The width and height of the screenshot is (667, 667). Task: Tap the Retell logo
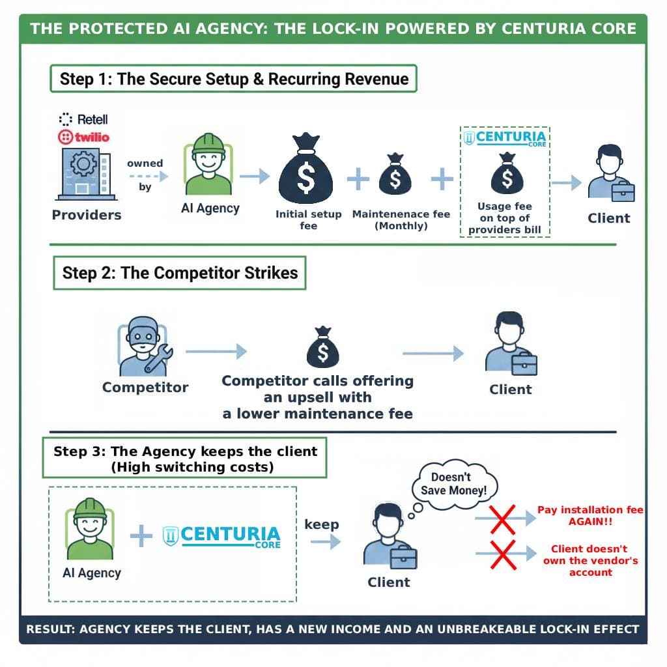83,119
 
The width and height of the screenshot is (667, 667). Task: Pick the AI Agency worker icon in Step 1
208,165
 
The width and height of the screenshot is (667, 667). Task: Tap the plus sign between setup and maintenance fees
358,177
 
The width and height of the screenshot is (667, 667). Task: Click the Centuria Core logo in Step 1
505,139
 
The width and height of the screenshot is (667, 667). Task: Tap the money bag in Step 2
322,348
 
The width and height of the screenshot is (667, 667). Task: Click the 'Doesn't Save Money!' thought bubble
453,484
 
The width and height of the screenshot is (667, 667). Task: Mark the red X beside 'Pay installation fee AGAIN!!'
502,518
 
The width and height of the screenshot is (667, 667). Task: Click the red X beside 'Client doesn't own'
502,555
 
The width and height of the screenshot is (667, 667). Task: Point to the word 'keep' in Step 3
322,524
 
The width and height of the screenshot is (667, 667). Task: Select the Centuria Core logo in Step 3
221,537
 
